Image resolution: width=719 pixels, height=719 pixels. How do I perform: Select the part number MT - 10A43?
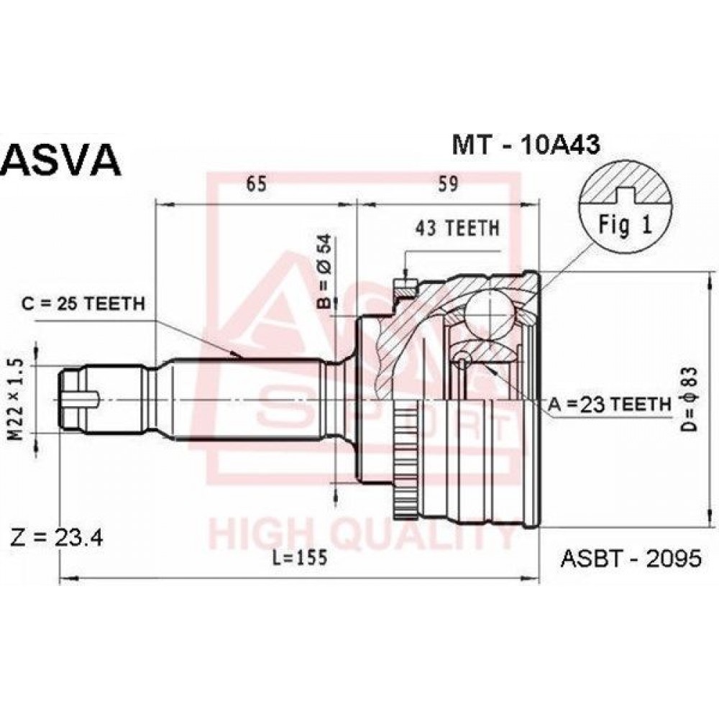click(526, 145)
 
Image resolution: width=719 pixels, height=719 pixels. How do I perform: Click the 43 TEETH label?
click(457, 228)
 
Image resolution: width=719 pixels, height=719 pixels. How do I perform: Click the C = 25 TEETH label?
click(83, 303)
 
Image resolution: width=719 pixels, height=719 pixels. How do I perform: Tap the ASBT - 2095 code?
click(631, 558)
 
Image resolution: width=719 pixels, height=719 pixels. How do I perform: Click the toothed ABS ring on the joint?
click(405, 459)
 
